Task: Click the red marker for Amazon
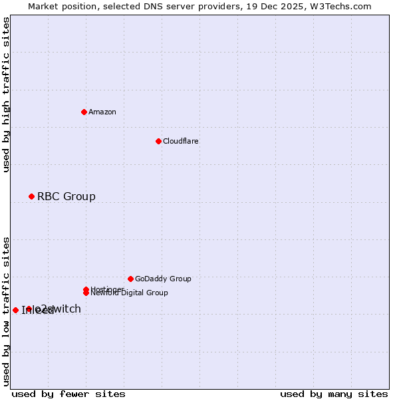point(84,112)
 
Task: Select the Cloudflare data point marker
point(158,141)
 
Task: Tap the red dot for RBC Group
point(31,196)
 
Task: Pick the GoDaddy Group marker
point(130,279)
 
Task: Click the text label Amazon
point(102,112)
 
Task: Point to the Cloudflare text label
point(181,141)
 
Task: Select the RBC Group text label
point(66,196)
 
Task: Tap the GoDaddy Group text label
point(163,279)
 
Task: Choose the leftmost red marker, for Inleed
point(15,310)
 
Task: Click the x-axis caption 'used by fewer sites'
point(68,394)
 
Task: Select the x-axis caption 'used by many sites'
point(334,394)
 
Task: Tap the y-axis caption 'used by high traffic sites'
point(6,95)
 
